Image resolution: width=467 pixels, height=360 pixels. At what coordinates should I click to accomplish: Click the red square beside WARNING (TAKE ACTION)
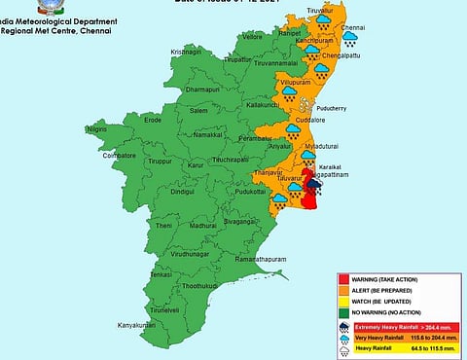pos(342,280)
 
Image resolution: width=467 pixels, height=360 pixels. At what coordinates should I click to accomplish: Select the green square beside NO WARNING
pos(342,312)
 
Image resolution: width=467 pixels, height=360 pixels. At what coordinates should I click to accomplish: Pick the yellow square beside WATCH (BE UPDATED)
pos(342,302)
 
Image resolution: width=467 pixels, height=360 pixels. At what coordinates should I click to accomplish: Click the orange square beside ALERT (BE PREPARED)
pos(342,291)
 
